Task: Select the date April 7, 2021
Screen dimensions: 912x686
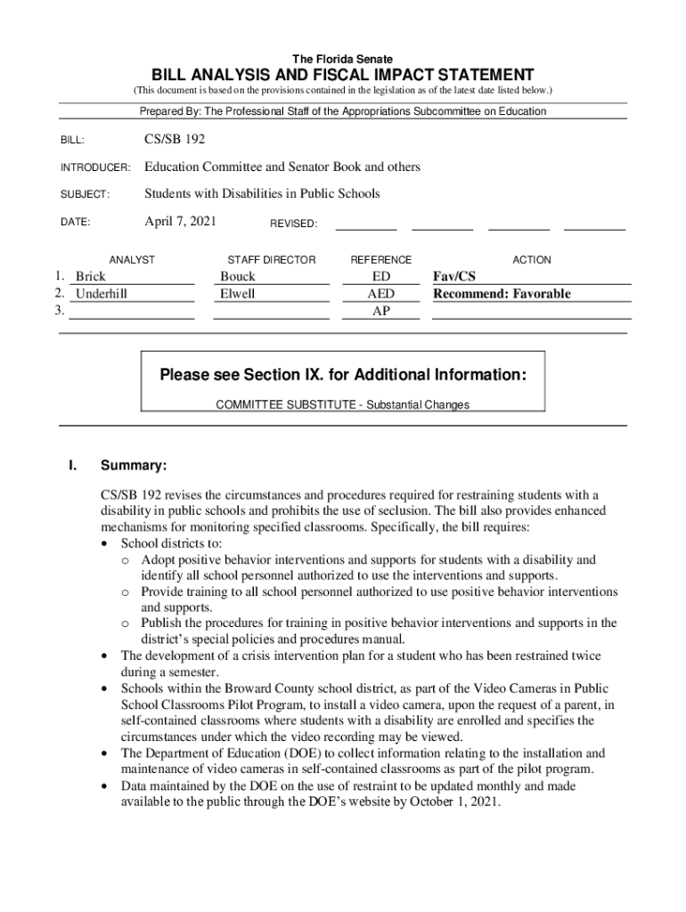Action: point(180,221)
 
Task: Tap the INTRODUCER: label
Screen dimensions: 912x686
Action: point(95,168)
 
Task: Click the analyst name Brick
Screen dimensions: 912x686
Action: point(91,277)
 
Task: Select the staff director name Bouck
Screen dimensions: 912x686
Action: point(238,277)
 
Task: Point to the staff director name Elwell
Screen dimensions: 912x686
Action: point(238,294)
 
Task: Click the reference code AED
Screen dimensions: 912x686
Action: point(381,294)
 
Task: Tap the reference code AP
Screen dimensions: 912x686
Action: point(381,311)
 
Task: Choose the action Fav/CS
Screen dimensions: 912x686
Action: point(454,277)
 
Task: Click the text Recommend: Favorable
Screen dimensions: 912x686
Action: point(502,294)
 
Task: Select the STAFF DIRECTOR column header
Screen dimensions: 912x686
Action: point(272,260)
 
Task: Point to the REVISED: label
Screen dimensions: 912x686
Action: point(293,224)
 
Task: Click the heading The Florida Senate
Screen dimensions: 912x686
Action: point(343,59)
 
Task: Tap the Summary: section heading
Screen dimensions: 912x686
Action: point(134,466)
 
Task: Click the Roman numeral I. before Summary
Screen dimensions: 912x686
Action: point(74,466)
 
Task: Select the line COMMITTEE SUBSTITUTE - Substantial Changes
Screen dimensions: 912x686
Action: point(343,404)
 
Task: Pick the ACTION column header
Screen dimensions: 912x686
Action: point(532,260)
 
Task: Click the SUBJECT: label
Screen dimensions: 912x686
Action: point(85,194)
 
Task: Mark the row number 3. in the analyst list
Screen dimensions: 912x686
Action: point(59,311)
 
